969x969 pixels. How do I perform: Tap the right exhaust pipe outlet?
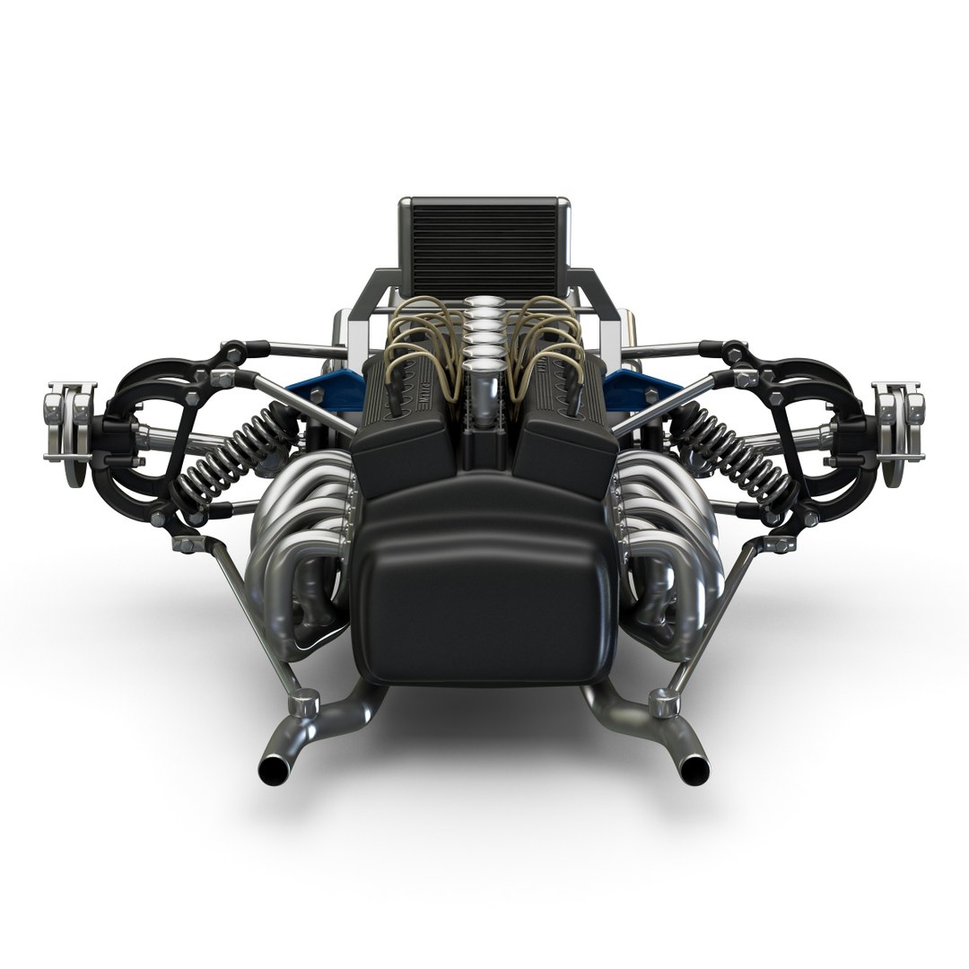coord(693,769)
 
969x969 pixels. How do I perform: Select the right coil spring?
coord(741,453)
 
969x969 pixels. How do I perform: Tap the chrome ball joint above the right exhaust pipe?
coord(663,701)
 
